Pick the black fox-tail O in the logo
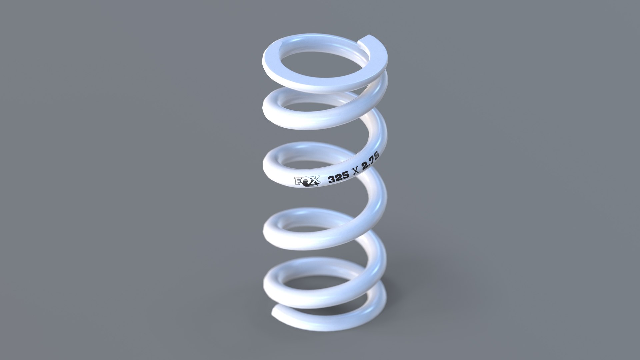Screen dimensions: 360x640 coord(306,182)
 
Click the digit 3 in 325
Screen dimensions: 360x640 coord(331,180)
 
